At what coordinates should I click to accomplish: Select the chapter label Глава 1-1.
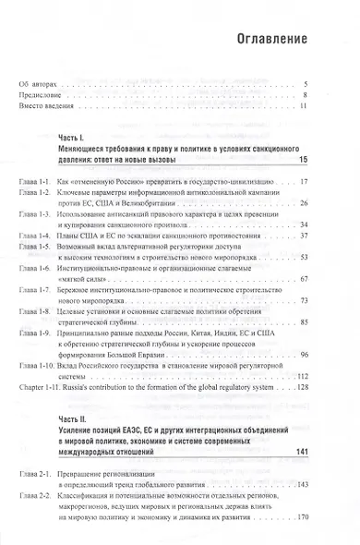pyautogui.click(x=35, y=182)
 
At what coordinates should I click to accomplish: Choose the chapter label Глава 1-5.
pyautogui.click(x=35, y=245)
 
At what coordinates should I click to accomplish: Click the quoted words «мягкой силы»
pyautogui.click(x=87, y=276)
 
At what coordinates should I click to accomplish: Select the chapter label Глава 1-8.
pyautogui.click(x=35, y=311)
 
